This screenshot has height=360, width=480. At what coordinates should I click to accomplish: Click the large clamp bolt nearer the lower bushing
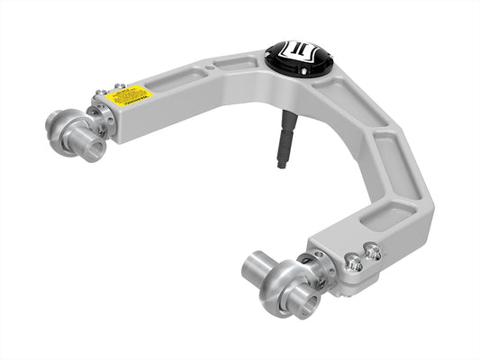point(354,263)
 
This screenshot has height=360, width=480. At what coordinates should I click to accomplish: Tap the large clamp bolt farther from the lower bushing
point(373,253)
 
